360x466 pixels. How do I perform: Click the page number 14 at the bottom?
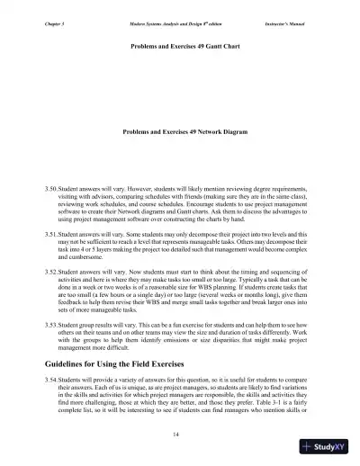(x=180, y=435)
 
